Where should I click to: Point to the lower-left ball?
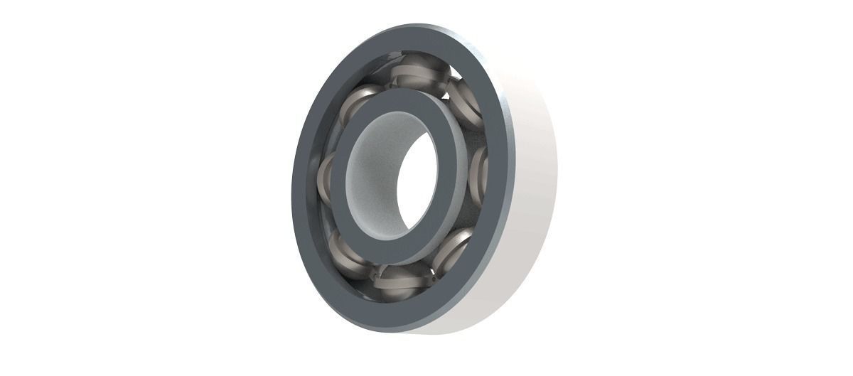[x=343, y=245]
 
